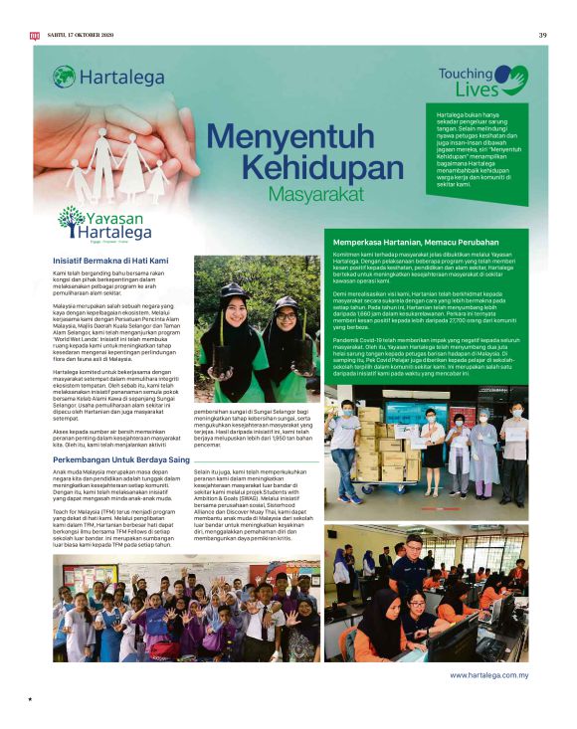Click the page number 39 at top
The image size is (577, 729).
[543, 36]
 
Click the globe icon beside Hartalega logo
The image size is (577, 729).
[64, 76]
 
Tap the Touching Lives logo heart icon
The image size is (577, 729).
[511, 77]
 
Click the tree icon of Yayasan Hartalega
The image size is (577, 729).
[71, 218]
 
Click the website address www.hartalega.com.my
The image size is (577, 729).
[487, 674]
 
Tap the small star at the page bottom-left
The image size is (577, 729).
[31, 699]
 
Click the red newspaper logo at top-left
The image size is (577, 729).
[34, 36]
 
